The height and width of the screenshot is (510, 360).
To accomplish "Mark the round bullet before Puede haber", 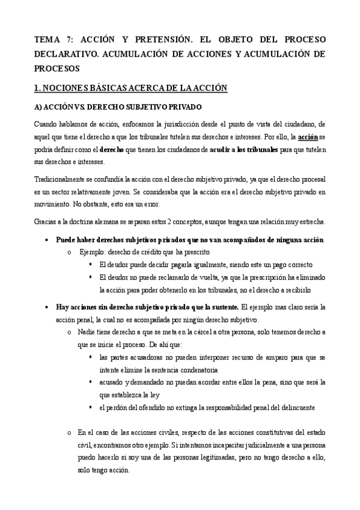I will click(x=47, y=240).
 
